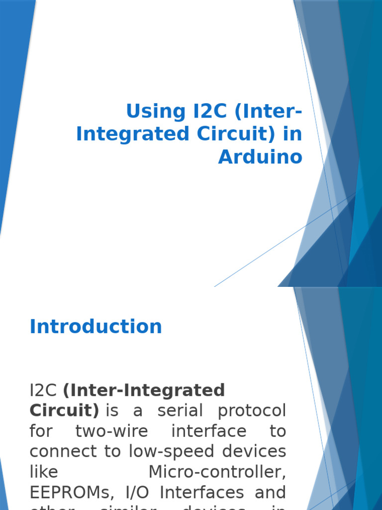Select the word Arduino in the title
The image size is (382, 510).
coord(260,157)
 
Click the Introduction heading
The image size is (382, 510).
coord(96,327)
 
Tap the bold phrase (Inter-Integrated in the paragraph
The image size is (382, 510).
coord(144,390)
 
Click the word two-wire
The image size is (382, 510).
coord(112,431)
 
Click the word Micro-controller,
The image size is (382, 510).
coord(217,472)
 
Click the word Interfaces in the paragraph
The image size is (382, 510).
coord(202,492)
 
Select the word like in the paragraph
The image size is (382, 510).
coord(44,472)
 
